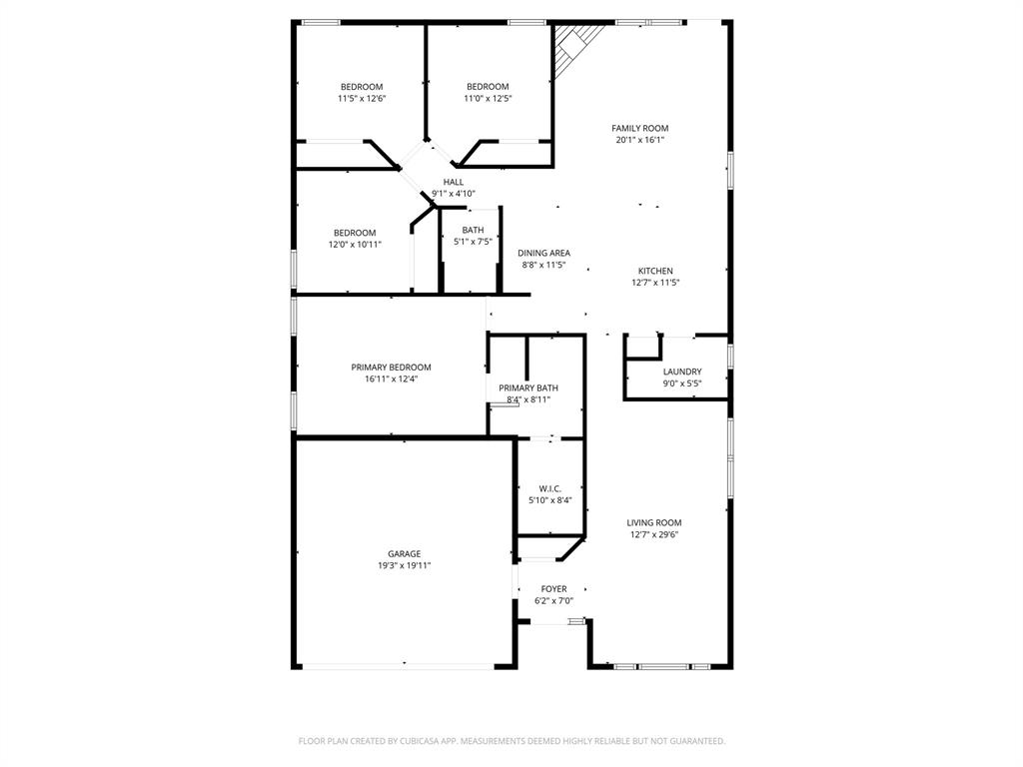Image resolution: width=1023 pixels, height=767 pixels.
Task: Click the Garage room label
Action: pos(404,554)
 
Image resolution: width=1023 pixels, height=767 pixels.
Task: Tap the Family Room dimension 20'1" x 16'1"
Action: pos(640,140)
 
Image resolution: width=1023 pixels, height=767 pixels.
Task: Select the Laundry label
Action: pos(682,372)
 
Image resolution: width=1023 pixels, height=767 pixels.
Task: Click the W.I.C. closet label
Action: pos(549,488)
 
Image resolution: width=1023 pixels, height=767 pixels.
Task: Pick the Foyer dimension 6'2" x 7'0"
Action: pos(553,601)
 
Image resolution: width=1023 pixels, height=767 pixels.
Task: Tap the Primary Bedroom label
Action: pos(391,367)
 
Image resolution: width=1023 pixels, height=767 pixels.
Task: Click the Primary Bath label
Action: pos(528,387)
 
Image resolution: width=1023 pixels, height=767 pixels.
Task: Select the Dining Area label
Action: pos(543,253)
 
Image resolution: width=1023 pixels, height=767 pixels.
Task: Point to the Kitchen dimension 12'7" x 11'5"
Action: pos(655,283)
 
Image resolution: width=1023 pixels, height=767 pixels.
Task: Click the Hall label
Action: pos(454,182)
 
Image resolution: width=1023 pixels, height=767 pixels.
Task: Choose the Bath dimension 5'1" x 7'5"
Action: pos(473,242)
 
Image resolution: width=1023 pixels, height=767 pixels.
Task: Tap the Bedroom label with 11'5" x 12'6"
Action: pos(361,87)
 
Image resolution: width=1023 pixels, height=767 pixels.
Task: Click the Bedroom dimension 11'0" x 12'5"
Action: pos(488,98)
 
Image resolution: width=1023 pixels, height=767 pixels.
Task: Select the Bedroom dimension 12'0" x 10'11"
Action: pos(355,245)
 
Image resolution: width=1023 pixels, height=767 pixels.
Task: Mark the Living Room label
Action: pos(654,522)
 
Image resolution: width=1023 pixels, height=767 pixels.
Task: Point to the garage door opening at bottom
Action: pos(404,665)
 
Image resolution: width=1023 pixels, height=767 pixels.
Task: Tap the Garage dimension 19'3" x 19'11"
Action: pos(404,566)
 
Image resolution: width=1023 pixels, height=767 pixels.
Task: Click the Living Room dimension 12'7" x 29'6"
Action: pos(654,534)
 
